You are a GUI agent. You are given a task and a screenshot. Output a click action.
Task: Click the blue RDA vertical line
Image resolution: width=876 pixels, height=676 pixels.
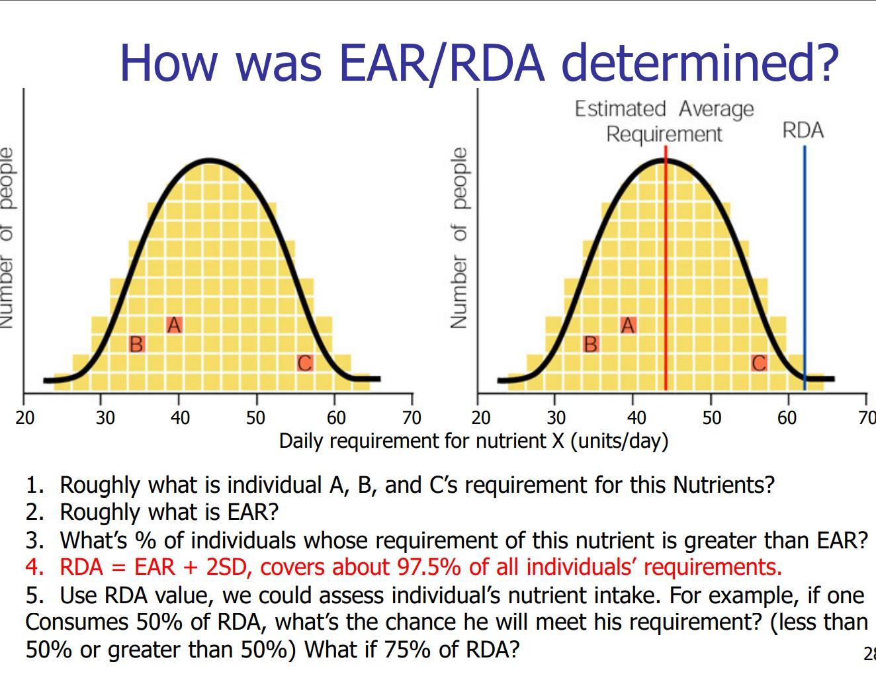tap(805, 265)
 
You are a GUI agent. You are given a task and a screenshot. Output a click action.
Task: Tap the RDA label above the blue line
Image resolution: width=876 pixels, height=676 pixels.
tap(803, 130)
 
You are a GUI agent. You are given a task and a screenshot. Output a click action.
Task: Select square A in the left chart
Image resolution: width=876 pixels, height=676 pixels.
tap(174, 325)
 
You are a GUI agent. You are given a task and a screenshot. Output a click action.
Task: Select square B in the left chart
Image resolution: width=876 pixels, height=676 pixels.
tap(136, 344)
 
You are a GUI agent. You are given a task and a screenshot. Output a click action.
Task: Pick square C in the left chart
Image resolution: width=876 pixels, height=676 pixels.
tap(304, 363)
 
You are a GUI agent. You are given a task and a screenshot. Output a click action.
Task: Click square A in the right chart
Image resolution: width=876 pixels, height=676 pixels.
tap(628, 325)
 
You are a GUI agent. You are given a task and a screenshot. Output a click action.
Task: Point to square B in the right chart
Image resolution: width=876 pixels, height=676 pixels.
tap(590, 344)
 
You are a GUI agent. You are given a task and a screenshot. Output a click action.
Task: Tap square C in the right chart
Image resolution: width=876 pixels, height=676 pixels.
tap(759, 363)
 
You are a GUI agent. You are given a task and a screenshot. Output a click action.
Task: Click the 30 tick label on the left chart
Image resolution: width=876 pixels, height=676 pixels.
tap(105, 418)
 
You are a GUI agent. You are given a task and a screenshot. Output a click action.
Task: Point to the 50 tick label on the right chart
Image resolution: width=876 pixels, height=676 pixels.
tap(712, 418)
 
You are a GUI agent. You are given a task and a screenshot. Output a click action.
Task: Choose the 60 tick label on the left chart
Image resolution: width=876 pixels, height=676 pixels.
tap(336, 418)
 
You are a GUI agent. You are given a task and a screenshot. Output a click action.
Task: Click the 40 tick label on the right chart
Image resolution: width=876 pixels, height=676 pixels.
tap(636, 418)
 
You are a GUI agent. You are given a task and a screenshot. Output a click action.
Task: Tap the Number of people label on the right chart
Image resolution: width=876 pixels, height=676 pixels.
tap(459, 238)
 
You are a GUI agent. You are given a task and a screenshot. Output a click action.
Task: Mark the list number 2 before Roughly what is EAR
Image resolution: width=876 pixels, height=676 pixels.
tap(34, 513)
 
